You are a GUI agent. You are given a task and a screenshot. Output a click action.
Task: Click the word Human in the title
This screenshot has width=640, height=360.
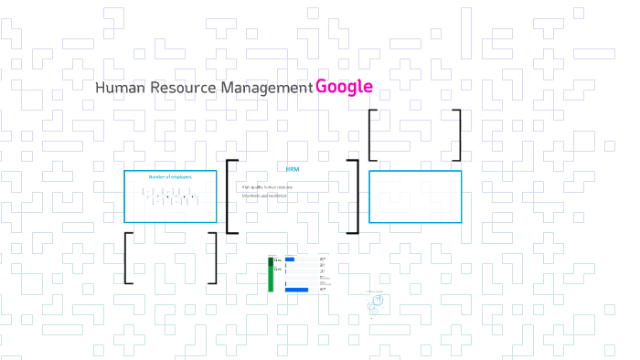113,88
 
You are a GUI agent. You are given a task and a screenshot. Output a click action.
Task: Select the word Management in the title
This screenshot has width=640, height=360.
266,88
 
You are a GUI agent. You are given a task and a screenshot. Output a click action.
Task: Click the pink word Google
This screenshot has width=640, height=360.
344,87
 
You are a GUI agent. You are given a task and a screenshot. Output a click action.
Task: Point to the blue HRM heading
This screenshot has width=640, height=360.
293,169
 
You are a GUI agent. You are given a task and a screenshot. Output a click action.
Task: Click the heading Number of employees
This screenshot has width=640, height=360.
170,176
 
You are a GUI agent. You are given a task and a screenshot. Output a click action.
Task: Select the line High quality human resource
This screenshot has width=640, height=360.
267,186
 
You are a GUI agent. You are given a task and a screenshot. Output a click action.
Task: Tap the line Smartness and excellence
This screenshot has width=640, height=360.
264,196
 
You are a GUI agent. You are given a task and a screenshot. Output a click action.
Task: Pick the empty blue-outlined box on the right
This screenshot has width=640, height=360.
414,196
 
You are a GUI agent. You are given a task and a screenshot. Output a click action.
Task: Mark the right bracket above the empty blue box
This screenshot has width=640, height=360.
458,135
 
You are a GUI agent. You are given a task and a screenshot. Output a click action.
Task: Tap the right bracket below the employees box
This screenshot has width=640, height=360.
214,258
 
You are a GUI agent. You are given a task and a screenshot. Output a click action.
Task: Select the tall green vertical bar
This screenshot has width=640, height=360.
271,274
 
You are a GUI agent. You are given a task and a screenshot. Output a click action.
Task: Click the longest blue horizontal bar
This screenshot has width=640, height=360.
297,290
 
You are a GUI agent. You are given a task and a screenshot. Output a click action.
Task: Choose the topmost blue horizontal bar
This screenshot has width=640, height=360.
290,259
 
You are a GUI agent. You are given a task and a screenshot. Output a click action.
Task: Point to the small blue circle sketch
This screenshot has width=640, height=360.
376,301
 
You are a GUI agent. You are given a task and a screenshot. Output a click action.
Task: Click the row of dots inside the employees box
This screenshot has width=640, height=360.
170,196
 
